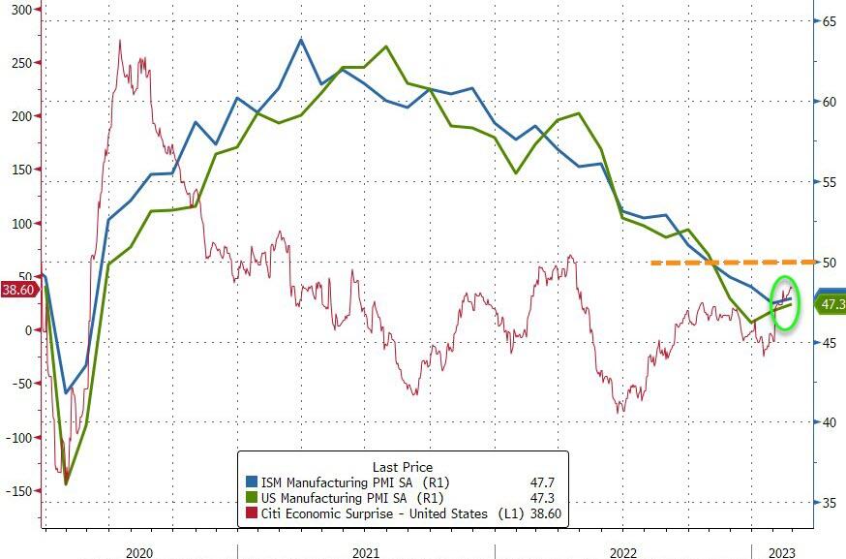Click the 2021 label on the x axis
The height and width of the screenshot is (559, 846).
pyautogui.click(x=365, y=551)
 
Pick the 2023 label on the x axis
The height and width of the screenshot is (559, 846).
pyautogui.click(x=782, y=551)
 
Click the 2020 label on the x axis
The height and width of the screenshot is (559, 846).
pyautogui.click(x=139, y=551)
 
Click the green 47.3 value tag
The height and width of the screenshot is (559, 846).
pyautogui.click(x=831, y=305)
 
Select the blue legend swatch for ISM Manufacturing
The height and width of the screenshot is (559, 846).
pyautogui.click(x=251, y=481)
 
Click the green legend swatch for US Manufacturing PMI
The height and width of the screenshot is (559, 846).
pyautogui.click(x=251, y=498)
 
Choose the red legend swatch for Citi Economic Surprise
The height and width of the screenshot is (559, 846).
pyautogui.click(x=251, y=514)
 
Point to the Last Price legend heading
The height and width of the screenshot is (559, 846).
pyautogui.click(x=403, y=466)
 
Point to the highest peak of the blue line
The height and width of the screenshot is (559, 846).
pyautogui.click(x=301, y=40)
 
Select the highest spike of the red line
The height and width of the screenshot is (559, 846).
pyautogui.click(x=120, y=40)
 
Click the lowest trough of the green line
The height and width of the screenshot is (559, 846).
pyautogui.click(x=66, y=483)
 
